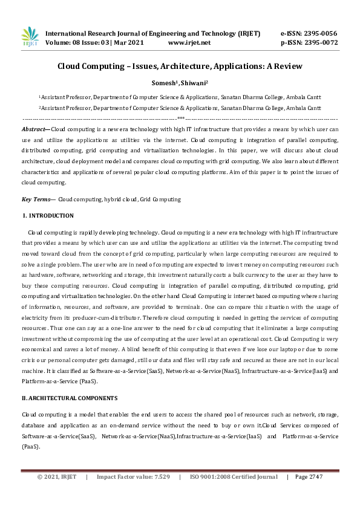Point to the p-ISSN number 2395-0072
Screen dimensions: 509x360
(319, 43)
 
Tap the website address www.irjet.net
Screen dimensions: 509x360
(189, 43)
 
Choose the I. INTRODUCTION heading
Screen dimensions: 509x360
(48, 216)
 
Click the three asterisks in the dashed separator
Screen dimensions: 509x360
(181, 118)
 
